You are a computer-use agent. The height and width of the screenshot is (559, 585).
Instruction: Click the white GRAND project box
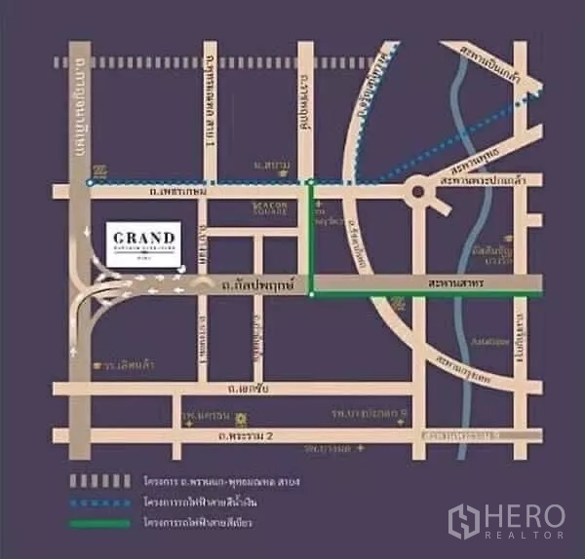(142, 243)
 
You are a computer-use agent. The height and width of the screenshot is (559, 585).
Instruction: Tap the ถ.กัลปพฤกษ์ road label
(253, 284)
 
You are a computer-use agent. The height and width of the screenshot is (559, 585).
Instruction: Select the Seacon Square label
(266, 209)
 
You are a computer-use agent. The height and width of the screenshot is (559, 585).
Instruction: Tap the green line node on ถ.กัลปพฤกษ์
(311, 292)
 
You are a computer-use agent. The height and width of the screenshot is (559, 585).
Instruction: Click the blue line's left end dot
(89, 182)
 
